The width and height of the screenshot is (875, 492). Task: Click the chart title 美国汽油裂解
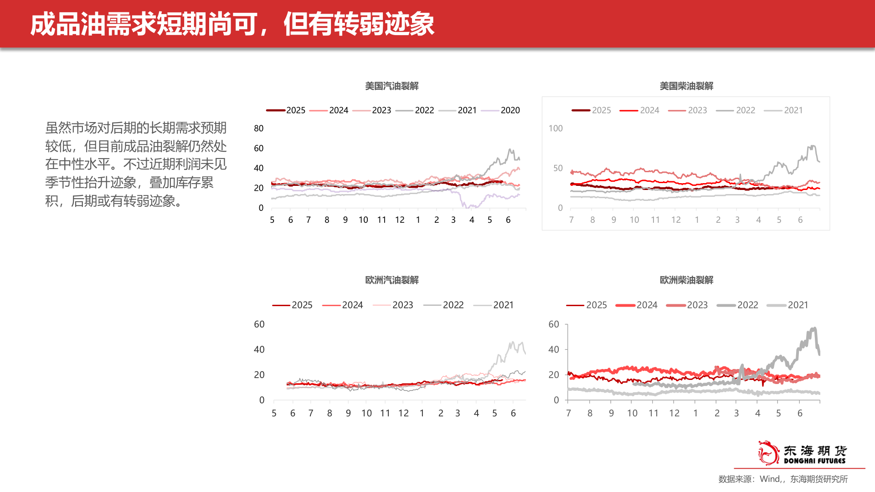tap(391, 86)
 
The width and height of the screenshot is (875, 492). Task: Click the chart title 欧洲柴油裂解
tap(686, 280)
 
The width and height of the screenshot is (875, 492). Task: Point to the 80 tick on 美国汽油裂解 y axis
tap(258, 128)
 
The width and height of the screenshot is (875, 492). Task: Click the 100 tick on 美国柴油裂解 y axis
tap(556, 128)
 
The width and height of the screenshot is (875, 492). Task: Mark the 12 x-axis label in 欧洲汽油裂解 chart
tap(403, 413)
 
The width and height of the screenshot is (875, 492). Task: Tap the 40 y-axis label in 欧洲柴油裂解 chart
tap(553, 349)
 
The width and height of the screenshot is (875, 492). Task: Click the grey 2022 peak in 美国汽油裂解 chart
tap(510, 150)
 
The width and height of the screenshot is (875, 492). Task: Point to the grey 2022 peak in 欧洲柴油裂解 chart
tap(813, 328)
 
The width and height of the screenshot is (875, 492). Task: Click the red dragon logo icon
tap(768, 452)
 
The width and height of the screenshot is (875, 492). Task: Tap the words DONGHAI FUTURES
tap(814, 461)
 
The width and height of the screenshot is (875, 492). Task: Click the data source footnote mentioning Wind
tap(782, 479)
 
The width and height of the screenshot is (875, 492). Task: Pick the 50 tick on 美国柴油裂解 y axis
tap(558, 168)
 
